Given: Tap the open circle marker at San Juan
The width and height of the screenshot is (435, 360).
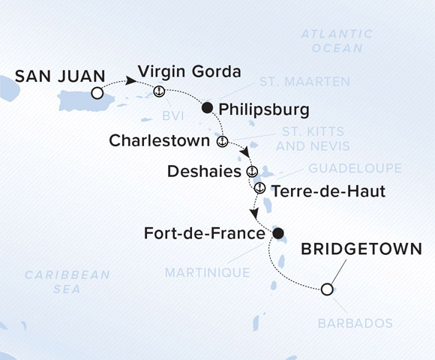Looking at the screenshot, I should (x=97, y=93).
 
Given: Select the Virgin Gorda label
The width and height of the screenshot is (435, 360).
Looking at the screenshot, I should (x=188, y=73).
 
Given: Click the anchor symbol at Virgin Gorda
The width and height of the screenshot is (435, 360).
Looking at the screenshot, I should (x=159, y=91).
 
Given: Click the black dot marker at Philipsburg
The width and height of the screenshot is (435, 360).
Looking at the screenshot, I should (x=207, y=109).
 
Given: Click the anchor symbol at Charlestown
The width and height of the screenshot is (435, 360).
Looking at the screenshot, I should (x=222, y=140).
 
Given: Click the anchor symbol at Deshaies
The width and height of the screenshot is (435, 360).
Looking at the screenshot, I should (x=252, y=171).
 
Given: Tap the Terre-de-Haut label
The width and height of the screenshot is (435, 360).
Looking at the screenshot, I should (x=328, y=191).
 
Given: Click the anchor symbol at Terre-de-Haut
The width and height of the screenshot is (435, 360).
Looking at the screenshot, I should (x=259, y=187).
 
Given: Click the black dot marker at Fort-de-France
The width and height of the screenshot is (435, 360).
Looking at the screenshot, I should (x=278, y=234).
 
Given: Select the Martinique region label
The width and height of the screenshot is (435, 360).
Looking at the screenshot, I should (x=208, y=272).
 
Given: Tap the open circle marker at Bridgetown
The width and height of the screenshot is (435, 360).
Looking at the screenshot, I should (x=326, y=289).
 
